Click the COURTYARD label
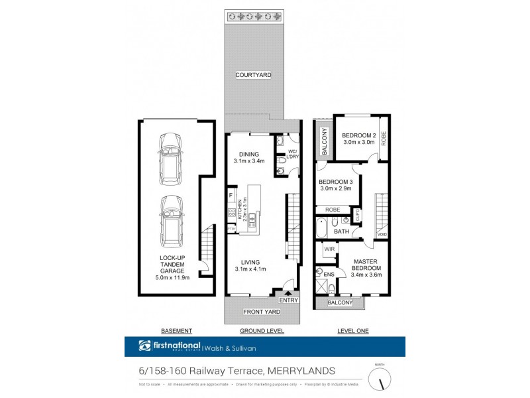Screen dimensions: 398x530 point(254,76)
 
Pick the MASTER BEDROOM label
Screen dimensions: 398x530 point(365,264)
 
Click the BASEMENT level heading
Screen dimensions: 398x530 point(176,330)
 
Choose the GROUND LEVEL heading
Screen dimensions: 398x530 point(261,330)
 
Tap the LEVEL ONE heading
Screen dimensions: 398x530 point(352,330)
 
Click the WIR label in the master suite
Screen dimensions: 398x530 point(328,249)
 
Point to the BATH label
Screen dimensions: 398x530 point(341,232)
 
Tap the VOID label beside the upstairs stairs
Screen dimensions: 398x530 point(382,234)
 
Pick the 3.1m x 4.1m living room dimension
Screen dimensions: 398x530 point(250,269)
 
